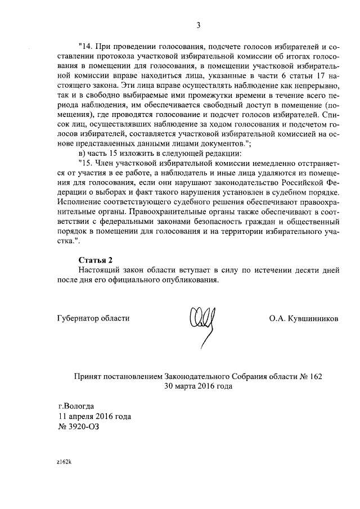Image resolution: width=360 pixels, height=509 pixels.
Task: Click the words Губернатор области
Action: (93, 318)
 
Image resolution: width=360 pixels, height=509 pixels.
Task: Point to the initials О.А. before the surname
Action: (278, 318)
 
